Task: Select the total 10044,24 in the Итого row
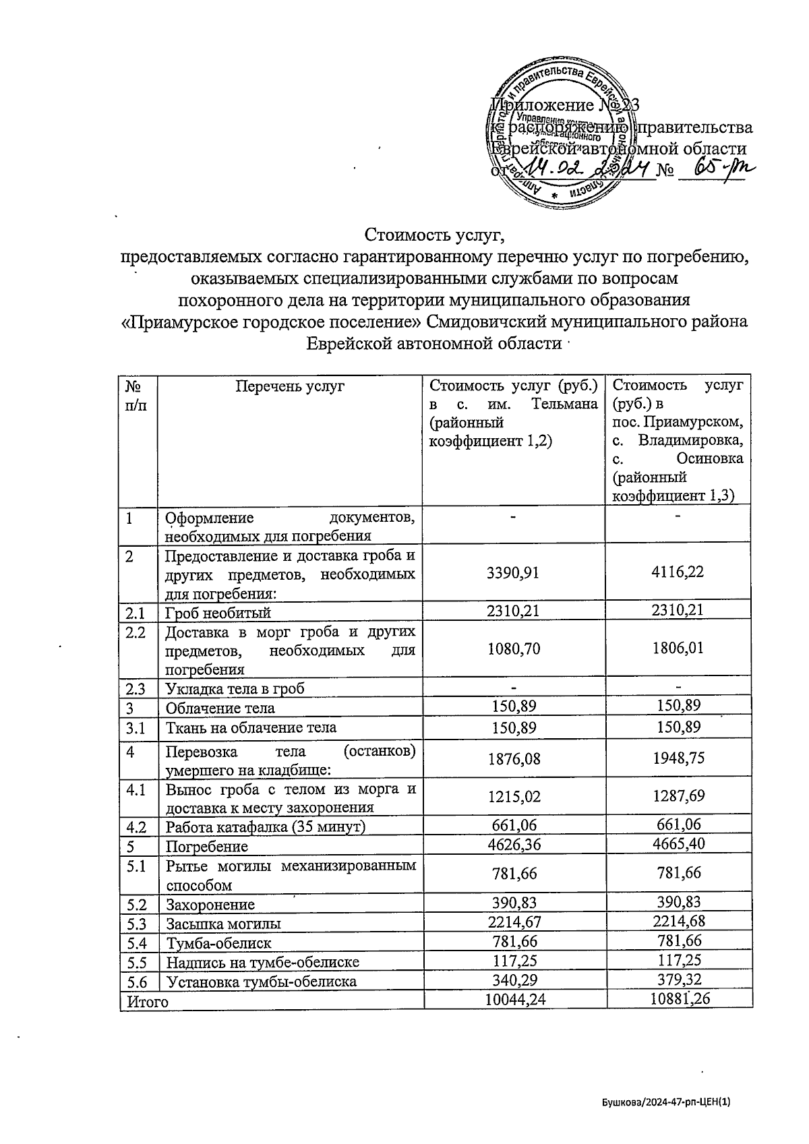516,1001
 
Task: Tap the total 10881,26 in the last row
679,1001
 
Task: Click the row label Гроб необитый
218,613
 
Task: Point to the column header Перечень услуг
290,386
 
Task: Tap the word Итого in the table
144,1002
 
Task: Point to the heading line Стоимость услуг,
434,235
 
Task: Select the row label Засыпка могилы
224,924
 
